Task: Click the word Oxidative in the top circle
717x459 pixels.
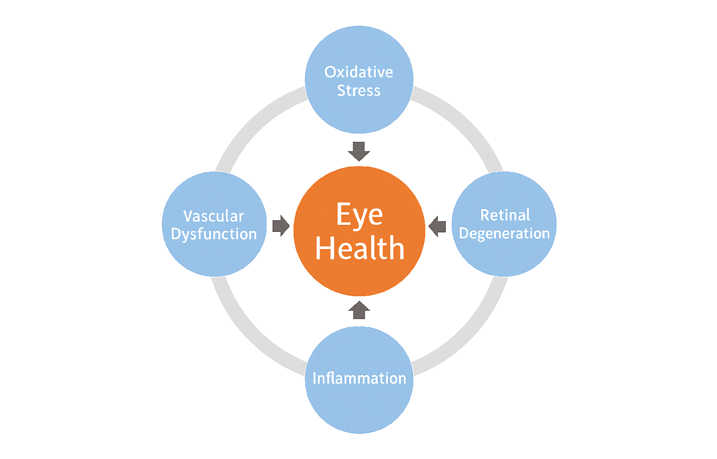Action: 358,72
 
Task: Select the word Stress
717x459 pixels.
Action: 358,90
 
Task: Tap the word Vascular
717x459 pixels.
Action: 214,216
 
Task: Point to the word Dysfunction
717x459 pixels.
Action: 214,234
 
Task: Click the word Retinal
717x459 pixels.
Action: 505,215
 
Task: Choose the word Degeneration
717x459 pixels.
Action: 504,233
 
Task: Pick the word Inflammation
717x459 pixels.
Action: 359,378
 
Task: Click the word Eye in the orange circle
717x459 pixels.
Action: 359,215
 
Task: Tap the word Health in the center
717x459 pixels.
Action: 359,248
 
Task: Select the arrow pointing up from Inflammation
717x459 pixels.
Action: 359,310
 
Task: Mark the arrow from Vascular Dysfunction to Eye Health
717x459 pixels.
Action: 281,226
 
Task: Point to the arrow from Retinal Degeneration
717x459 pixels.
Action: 437,227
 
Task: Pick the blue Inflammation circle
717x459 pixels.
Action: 359,406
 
